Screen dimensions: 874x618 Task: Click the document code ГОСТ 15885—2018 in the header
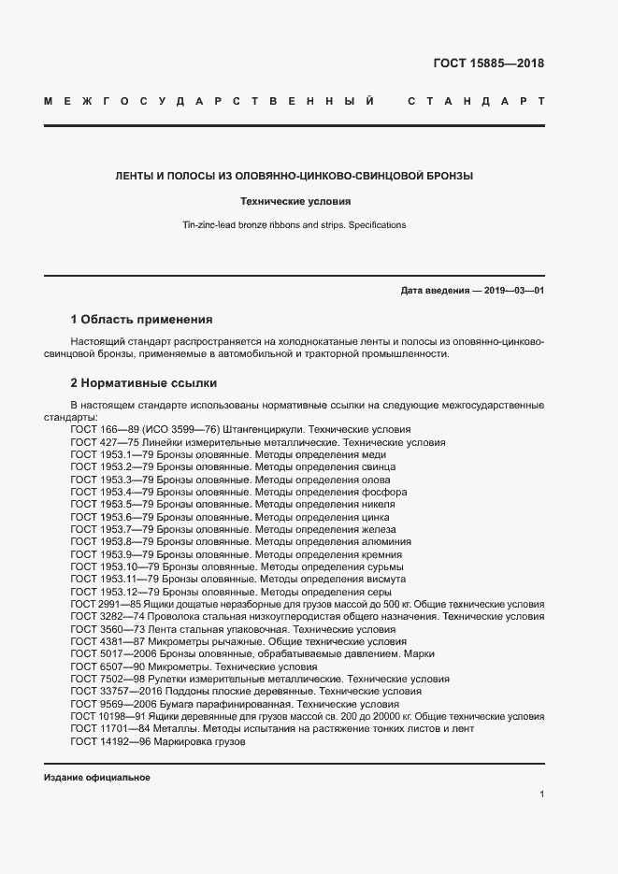pos(488,64)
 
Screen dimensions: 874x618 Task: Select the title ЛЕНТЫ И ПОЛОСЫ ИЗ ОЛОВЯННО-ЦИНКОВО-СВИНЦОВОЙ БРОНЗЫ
pos(295,176)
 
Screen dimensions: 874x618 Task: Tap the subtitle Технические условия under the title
pos(295,201)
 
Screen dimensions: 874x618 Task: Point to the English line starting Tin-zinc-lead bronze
pos(295,225)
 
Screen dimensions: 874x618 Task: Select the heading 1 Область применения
pos(142,319)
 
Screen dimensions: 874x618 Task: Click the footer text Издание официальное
pos(97,778)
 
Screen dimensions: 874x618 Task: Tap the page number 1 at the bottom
pos(541,795)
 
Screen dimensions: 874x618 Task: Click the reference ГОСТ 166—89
pos(103,429)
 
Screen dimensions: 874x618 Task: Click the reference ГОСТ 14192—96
pos(109,741)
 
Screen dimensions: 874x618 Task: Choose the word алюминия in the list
pos(384,541)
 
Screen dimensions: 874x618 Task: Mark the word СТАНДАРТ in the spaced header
pos(476,100)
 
